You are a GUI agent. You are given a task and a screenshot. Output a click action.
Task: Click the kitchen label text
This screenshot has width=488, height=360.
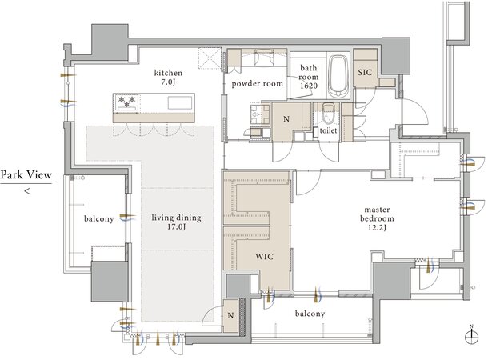pyautogui.click(x=168, y=73)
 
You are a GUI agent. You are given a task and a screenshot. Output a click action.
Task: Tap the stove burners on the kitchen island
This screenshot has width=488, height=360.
pyautogui.click(x=127, y=102)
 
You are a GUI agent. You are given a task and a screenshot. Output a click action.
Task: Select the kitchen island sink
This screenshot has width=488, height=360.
pyautogui.click(x=180, y=103)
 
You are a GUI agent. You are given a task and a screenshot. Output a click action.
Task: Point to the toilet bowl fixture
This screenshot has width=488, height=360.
pyautogui.click(x=328, y=115)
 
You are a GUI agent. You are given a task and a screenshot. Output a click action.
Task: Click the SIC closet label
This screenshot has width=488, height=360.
pyautogui.click(x=365, y=73)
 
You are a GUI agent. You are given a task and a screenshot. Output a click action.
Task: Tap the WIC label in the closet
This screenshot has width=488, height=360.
pyautogui.click(x=265, y=257)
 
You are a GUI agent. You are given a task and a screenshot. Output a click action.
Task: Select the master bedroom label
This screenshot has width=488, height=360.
pyautogui.click(x=377, y=214)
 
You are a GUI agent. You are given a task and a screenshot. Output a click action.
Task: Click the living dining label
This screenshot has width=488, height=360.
pyautogui.click(x=176, y=218)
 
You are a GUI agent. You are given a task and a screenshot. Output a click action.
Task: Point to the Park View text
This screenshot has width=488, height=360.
pyautogui.click(x=26, y=174)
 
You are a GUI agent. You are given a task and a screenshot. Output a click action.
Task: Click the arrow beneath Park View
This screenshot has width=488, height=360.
pyautogui.click(x=27, y=191)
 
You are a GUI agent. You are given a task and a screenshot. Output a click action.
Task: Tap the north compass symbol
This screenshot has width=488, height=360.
pyautogui.click(x=471, y=335)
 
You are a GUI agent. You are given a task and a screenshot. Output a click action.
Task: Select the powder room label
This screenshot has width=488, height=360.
pyautogui.click(x=258, y=84)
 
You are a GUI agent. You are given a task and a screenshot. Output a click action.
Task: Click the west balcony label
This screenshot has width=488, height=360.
pyautogui.click(x=98, y=219)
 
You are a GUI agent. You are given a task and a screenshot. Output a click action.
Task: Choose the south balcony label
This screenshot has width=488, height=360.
pyautogui.click(x=310, y=314)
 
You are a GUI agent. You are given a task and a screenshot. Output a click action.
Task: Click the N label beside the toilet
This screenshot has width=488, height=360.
pyautogui.click(x=286, y=119)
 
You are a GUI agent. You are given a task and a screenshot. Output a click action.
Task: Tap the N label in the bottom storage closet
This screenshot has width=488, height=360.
pyautogui.click(x=230, y=316)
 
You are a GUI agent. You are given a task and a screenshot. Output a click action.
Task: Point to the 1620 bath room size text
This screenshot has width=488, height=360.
pyautogui.click(x=309, y=86)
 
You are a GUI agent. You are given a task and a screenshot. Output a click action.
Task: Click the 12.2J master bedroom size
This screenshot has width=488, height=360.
pyautogui.click(x=378, y=228)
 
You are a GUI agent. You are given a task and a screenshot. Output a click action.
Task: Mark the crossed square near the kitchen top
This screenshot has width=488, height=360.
pyautogui.click(x=210, y=58)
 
